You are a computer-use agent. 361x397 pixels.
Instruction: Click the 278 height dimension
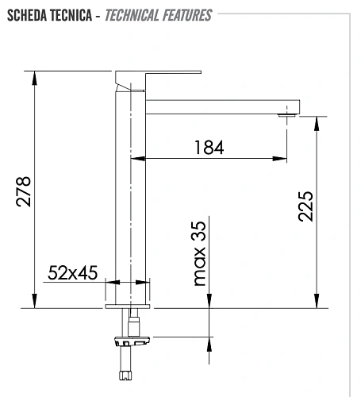pyautogui.click(x=23, y=191)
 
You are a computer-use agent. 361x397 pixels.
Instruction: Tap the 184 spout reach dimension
pyautogui.click(x=208, y=147)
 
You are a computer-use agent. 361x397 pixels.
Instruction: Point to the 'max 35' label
pyautogui.click(x=198, y=253)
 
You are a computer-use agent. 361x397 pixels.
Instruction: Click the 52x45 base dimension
pyautogui.click(x=72, y=273)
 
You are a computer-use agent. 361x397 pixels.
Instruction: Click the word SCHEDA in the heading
pyautogui.click(x=25, y=15)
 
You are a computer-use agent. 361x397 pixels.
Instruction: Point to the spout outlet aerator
pyautogui.click(x=287, y=116)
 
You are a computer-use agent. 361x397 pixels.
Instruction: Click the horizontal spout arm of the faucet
pyautogui.click(x=222, y=104)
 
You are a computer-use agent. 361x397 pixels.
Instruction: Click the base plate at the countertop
pyautogui.click(x=128, y=305)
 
